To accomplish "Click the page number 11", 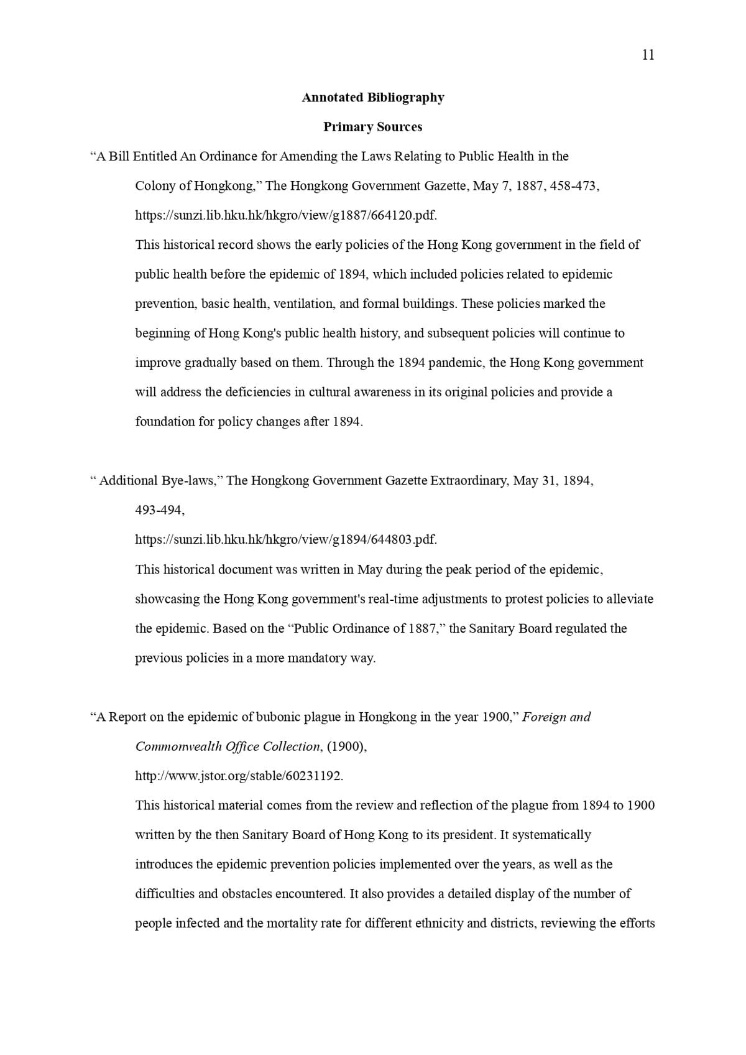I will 647,55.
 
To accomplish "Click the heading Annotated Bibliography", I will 373,98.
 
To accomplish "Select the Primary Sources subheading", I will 372,127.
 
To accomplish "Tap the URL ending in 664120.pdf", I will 286,215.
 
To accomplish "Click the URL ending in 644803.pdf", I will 286,539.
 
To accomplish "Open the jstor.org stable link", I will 239,776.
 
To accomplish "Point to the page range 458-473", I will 574,186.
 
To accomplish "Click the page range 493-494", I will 159,510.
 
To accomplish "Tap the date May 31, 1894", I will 552,481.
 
